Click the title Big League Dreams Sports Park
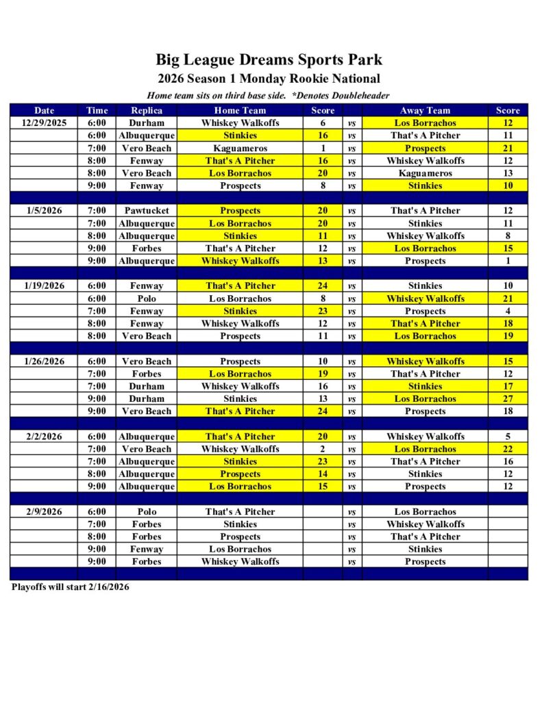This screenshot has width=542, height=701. [269, 60]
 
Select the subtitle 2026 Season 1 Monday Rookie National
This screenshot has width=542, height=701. [269, 79]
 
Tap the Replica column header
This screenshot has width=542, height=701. [147, 110]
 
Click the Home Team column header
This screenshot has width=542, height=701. [240, 110]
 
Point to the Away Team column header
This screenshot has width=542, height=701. [425, 110]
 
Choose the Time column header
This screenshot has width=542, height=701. [97, 110]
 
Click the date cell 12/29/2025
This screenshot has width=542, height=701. [44, 123]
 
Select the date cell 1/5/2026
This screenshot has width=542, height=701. [44, 211]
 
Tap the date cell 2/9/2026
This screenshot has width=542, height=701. [44, 511]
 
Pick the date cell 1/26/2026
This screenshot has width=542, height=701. [44, 361]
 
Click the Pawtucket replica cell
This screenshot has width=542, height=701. [147, 211]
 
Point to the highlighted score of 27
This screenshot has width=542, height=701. [508, 398]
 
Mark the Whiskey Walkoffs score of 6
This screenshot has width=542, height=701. [323, 123]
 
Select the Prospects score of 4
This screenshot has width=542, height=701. [508, 311]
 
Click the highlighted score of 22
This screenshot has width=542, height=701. [508, 449]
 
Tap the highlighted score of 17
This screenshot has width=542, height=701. [508, 386]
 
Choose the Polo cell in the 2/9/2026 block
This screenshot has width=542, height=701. [147, 511]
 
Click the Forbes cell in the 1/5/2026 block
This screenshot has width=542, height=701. [147, 248]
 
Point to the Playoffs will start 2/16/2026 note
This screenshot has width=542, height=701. [71, 587]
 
